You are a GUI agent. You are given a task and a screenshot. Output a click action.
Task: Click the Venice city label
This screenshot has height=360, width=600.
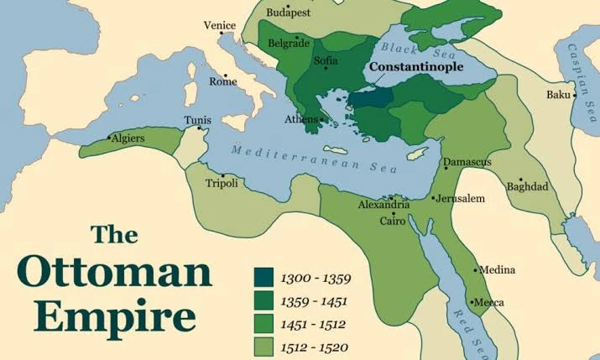[x=219, y=25]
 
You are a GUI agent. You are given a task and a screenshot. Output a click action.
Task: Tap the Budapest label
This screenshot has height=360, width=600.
[x=288, y=13]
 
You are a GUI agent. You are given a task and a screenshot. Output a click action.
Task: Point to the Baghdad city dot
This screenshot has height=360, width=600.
[x=520, y=180]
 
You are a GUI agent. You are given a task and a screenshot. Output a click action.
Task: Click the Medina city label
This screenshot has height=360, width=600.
[x=498, y=270]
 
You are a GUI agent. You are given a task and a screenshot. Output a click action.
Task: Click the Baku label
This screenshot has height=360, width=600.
[x=557, y=95]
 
